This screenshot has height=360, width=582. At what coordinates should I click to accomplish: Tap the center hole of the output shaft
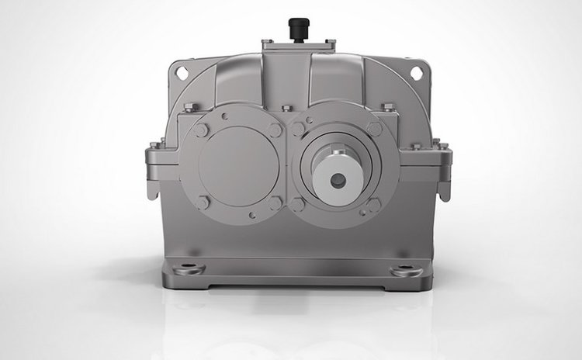click(338, 180)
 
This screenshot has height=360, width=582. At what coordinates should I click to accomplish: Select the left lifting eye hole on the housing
click(182, 72)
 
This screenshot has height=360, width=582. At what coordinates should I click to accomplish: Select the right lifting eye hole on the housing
click(416, 73)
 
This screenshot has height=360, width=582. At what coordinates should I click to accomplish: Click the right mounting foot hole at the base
click(404, 271)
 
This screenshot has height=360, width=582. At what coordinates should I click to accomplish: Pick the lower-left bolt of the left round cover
click(203, 202)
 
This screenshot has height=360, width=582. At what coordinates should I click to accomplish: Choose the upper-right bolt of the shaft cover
click(374, 128)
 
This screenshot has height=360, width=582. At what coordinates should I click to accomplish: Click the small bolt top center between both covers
click(288, 108)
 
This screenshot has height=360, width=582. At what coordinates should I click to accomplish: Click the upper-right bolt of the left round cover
click(275, 130)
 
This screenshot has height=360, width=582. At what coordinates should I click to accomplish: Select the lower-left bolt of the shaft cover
click(299, 204)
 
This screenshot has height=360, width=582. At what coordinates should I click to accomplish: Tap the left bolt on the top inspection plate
click(266, 42)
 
